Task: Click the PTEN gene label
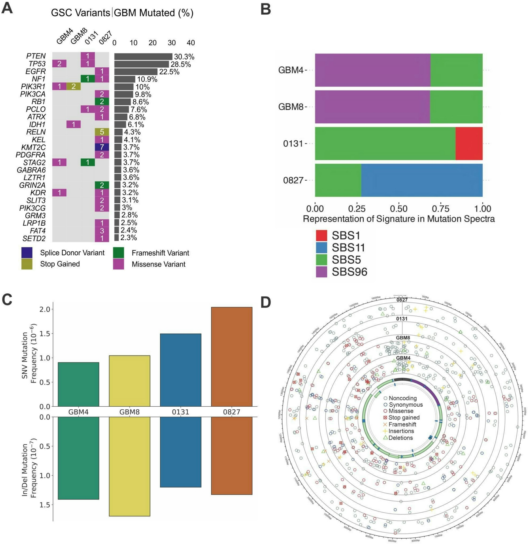[x=36, y=56]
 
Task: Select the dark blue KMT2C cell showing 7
[x=102, y=147]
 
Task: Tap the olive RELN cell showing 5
[x=102, y=132]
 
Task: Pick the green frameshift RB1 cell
[x=102, y=102]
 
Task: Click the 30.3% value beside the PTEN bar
[x=184, y=57]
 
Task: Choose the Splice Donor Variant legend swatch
[x=27, y=253]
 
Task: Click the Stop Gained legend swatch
[x=27, y=264]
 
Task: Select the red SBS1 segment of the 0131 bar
[x=469, y=144]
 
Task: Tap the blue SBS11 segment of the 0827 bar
[x=422, y=180]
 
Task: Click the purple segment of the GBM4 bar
[x=373, y=70]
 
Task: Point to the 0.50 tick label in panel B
[x=398, y=208]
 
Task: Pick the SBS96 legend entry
[x=349, y=272]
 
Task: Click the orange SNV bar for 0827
[x=232, y=357]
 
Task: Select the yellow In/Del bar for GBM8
[x=130, y=466]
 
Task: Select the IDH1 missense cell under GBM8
[x=73, y=124]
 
